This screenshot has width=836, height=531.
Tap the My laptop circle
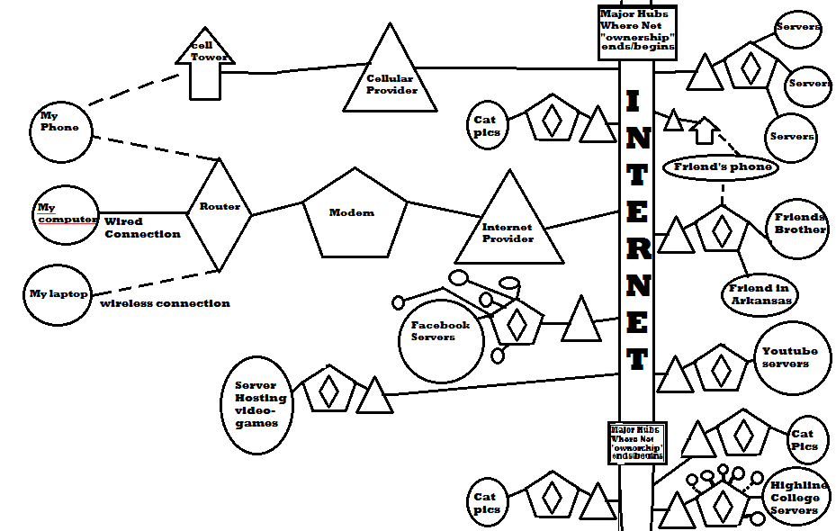point(58,293)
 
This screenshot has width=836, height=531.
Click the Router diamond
point(220,212)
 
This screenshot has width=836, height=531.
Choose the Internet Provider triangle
point(507,225)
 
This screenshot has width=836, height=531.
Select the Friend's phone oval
point(720,167)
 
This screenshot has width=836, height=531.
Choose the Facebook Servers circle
point(441,337)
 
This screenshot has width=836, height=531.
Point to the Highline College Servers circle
point(795,498)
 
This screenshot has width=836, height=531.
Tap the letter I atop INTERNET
point(634,102)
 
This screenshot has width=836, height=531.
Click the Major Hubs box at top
point(636,32)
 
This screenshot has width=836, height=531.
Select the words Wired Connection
point(141,228)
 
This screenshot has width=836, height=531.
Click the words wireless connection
point(165,303)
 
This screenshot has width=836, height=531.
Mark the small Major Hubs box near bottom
point(636,442)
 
